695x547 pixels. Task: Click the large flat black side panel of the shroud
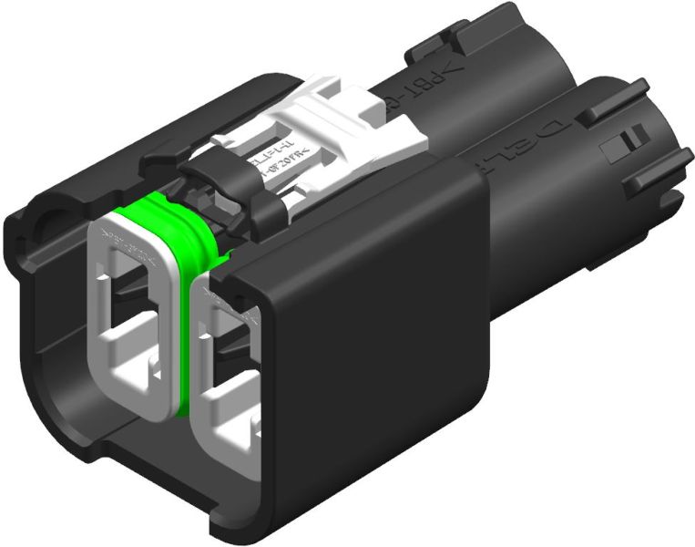[364, 346]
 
